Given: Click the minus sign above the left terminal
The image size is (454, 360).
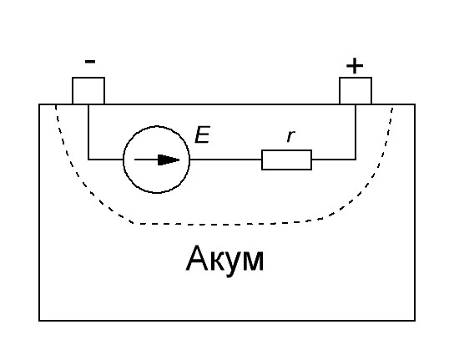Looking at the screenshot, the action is [90, 62].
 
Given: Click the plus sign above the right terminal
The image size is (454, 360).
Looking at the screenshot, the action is [355, 66].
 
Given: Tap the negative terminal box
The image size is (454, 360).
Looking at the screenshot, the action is [88, 91].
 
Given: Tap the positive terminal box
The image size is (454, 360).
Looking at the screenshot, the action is [356, 91].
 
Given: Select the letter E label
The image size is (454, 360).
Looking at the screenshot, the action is [202, 134].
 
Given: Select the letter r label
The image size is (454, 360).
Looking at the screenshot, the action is [290, 136].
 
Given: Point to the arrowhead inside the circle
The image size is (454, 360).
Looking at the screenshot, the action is [169, 160].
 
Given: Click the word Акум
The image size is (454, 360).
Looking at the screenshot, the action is [224, 259].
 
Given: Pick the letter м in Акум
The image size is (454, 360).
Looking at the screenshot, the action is [253, 261].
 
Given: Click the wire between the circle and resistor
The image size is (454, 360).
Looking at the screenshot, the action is [226, 160].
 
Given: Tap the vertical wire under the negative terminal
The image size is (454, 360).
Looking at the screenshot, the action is [88, 132].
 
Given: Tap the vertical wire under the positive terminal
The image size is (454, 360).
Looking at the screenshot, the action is [356, 132].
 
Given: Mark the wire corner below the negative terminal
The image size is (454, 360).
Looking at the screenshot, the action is [88, 160].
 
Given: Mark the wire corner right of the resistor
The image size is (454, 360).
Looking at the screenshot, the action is [356, 160].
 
